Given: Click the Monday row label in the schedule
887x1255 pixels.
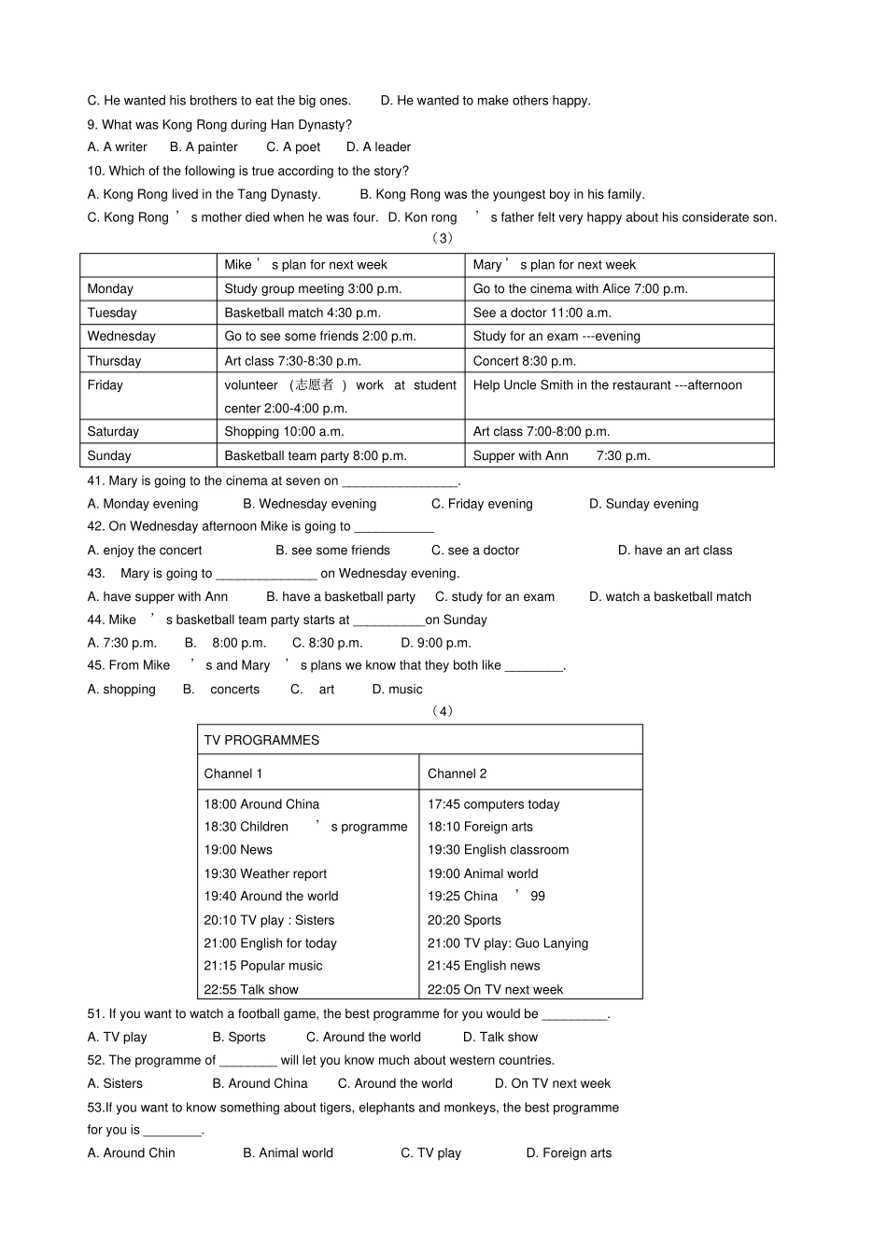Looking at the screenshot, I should tap(110, 289).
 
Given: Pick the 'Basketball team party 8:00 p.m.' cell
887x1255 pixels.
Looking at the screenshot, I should tap(316, 456).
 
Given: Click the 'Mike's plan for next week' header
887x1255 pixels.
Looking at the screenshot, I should tap(305, 265).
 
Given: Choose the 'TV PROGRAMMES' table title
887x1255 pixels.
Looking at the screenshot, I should tap(261, 741).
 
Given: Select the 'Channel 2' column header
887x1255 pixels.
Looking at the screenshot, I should tap(457, 774).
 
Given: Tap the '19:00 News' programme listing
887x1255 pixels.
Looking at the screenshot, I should tap(238, 850).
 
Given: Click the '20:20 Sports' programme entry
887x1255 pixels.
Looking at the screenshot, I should tap(464, 920).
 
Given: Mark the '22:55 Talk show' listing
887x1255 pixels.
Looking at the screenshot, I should tap(251, 990).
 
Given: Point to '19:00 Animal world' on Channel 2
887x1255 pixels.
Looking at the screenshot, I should tap(483, 874).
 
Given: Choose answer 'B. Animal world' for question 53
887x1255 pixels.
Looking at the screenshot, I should tap(288, 1153).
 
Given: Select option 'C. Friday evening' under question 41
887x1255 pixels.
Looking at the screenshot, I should tap(482, 504).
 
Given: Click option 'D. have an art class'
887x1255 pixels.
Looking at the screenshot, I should tap(675, 551).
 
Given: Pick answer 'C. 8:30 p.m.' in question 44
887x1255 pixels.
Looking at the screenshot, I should tap(327, 643).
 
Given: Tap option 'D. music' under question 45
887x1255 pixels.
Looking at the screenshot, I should tap(397, 690).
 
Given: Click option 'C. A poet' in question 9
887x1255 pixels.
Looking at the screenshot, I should tap(293, 147).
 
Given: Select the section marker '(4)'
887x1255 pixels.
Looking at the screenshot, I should tap(443, 711).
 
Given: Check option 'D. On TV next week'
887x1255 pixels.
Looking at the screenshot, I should tap(553, 1084).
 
